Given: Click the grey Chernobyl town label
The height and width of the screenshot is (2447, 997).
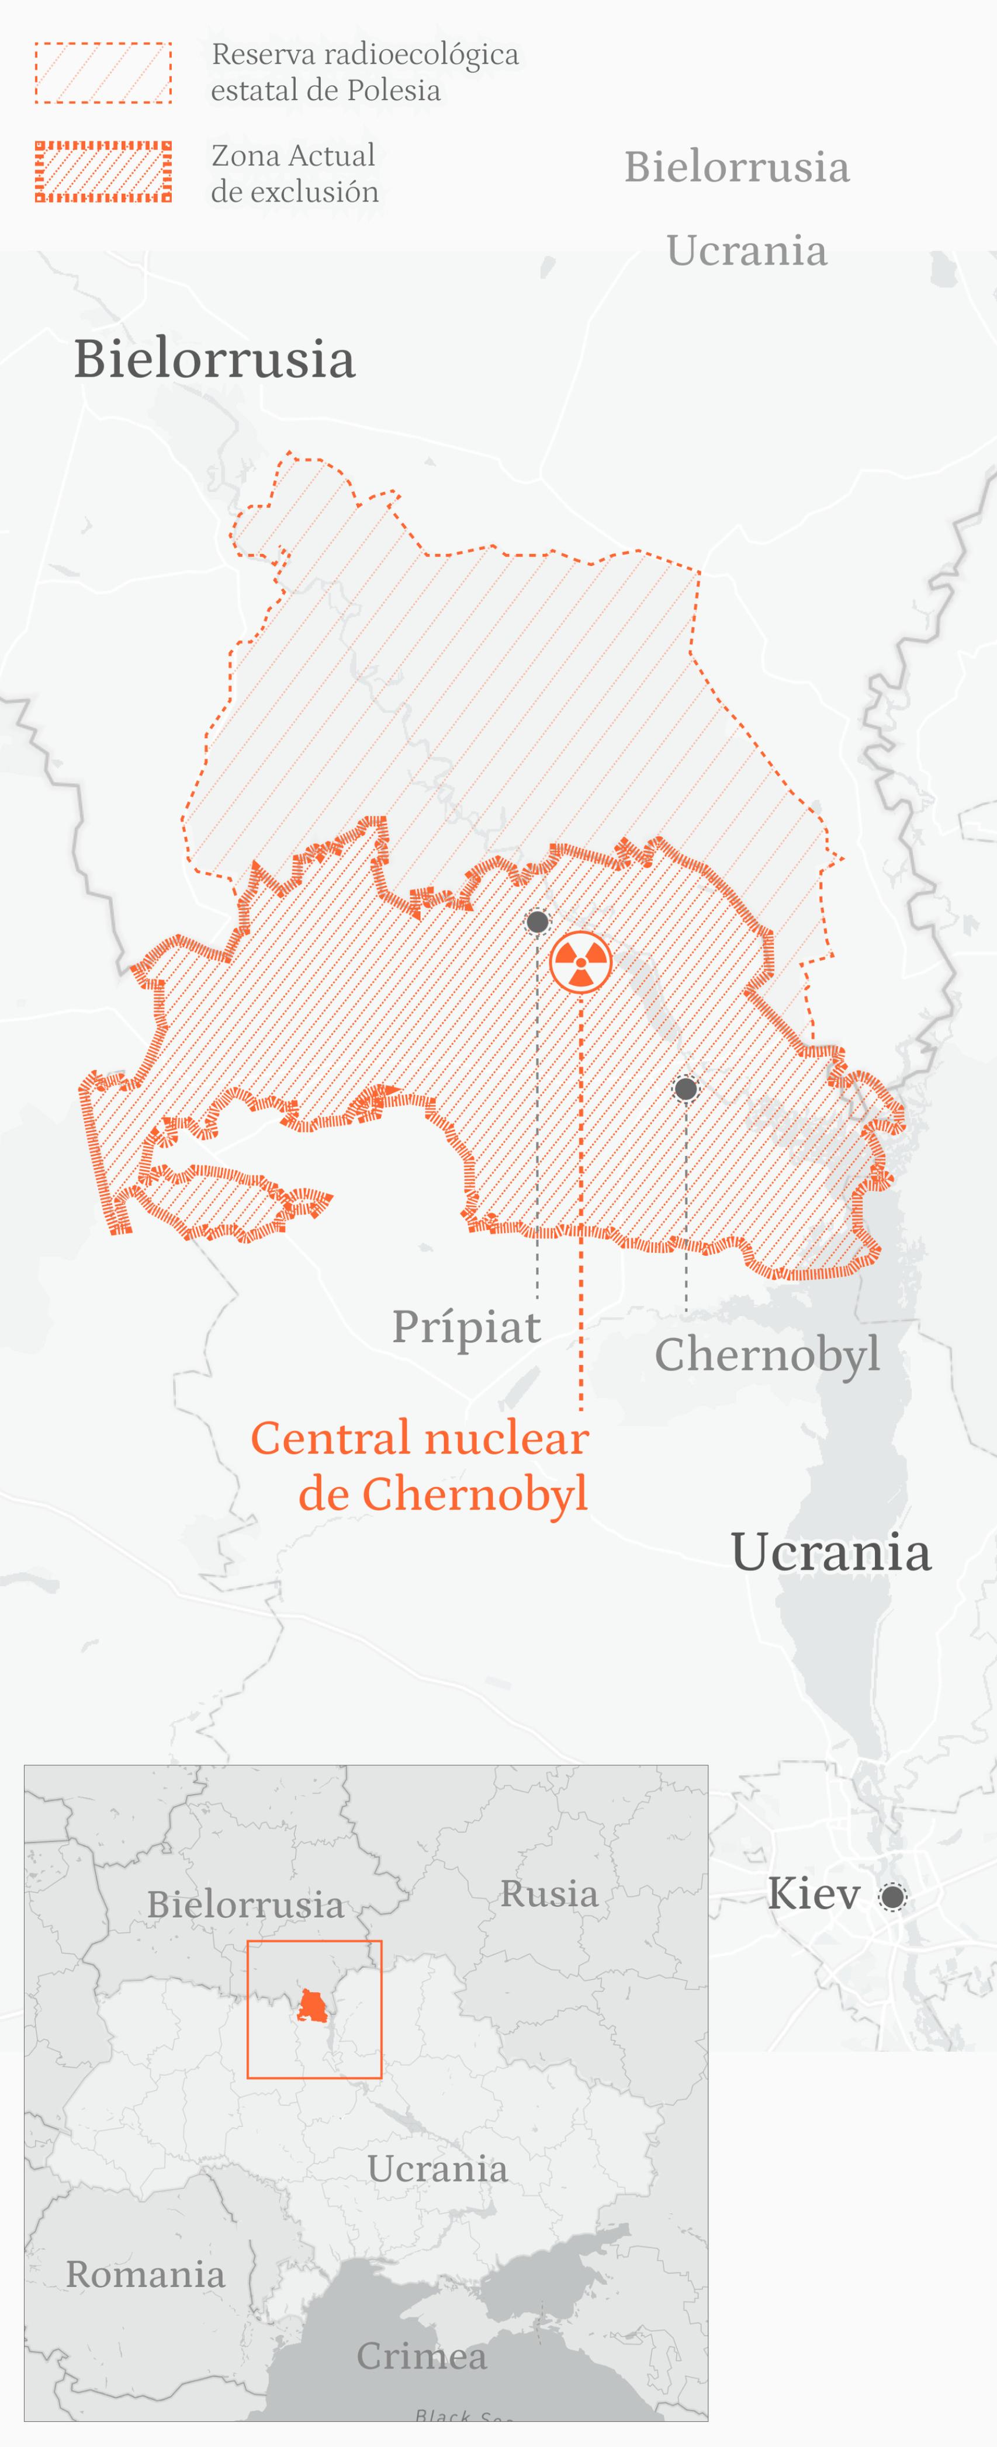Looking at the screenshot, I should click(766, 1354).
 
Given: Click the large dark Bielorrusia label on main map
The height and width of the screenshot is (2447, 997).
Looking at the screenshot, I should click(215, 359).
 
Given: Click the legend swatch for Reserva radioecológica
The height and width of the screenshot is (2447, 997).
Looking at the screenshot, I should click(103, 72).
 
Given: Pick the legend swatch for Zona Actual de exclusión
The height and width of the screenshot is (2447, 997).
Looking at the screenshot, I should click(103, 172).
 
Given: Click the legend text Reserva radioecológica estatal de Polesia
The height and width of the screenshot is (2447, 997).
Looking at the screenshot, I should click(364, 72).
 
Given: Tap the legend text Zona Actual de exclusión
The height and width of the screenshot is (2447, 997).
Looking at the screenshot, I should click(295, 173).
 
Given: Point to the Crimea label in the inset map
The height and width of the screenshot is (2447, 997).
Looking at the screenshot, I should click(421, 2356).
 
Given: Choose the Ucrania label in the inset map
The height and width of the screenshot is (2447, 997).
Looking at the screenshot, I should click(437, 2168).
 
